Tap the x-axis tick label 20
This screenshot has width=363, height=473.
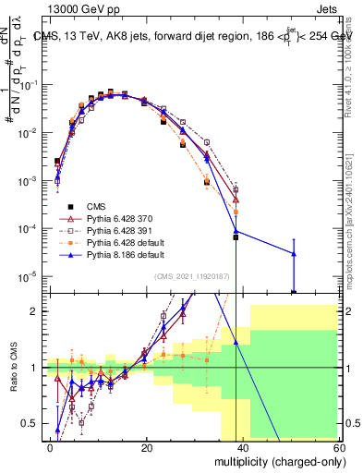pyautogui.click(x=147, y=447)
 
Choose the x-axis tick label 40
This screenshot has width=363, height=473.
pyautogui.click(x=243, y=447)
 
